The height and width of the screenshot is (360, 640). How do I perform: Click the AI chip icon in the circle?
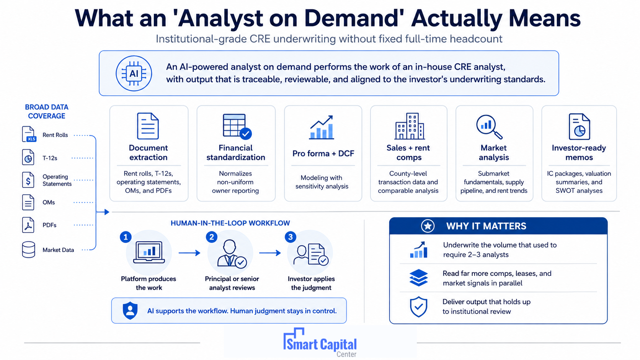[x=134, y=74]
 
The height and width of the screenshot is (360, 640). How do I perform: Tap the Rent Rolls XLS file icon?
[x=29, y=134]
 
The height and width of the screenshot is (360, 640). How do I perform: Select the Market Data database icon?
[x=29, y=249]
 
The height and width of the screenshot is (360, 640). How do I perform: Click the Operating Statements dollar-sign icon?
[x=28, y=180]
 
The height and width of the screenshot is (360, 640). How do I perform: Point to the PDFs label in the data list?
[x=49, y=225]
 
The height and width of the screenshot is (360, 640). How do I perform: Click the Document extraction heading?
[x=148, y=152]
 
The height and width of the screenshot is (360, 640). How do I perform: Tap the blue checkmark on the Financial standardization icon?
[x=246, y=134]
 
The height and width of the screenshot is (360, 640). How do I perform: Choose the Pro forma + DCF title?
[x=323, y=153]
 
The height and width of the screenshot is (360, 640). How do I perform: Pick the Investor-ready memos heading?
[x=579, y=152]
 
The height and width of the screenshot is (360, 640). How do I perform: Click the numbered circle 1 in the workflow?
[x=126, y=237]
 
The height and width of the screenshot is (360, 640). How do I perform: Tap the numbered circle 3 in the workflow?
[x=290, y=237]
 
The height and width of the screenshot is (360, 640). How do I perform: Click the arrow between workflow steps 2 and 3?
[x=270, y=253]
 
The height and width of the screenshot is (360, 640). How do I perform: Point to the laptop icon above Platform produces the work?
[x=149, y=252]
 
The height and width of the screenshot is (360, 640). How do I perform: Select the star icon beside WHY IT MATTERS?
[x=428, y=226]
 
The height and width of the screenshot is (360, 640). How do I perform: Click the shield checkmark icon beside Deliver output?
[x=419, y=306]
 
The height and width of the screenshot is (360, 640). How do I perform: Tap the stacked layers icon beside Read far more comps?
[x=419, y=277]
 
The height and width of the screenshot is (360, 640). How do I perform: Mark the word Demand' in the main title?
[x=354, y=18]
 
